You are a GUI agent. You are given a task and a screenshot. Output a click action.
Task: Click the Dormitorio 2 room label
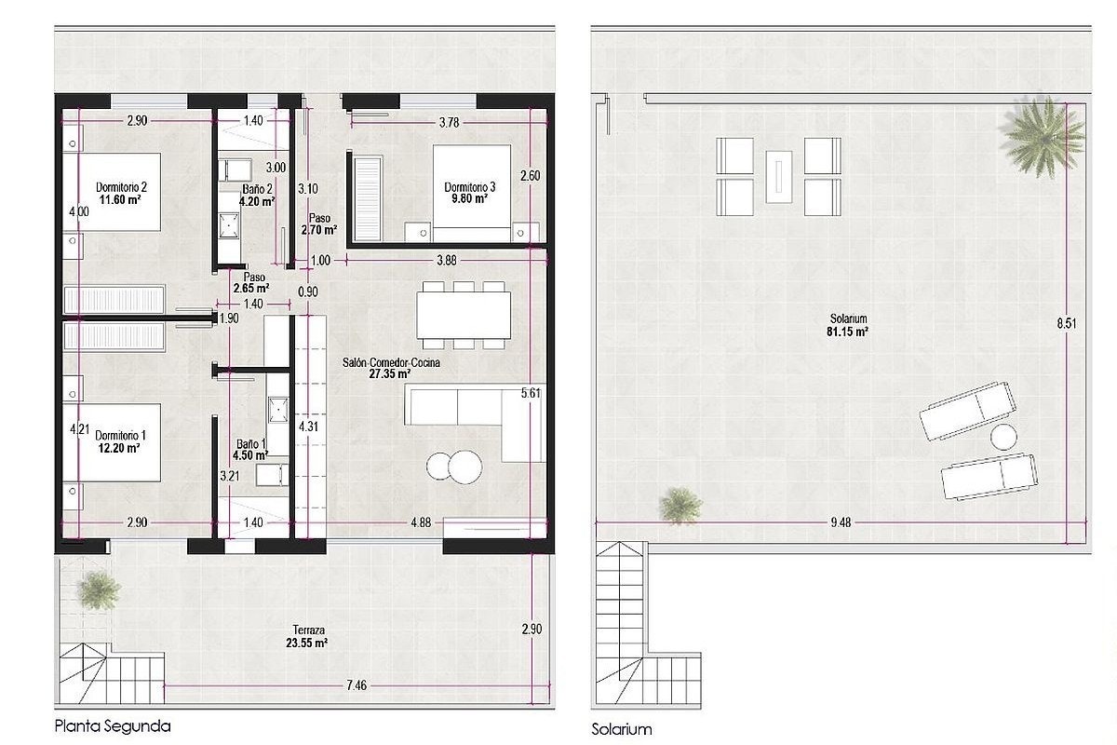(x=121, y=187)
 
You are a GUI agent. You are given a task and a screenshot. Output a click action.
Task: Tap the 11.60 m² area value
(x=120, y=199)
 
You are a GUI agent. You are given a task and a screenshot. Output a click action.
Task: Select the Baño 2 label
(x=257, y=189)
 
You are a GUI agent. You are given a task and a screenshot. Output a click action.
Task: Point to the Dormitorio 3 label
(x=470, y=187)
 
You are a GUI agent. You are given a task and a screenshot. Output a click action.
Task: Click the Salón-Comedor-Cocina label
(x=391, y=363)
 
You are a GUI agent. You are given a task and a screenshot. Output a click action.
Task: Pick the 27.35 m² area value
(x=390, y=373)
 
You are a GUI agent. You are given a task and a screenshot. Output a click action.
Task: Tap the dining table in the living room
(x=464, y=316)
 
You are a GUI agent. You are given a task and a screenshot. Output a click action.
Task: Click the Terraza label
(x=309, y=630)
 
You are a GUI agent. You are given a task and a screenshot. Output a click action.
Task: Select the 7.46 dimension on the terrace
(x=357, y=685)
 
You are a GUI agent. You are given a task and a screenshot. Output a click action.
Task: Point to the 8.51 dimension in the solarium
(x=1067, y=323)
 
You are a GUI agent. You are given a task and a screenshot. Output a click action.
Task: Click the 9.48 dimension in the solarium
(x=841, y=522)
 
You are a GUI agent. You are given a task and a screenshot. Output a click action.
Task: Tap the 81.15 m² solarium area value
(x=848, y=332)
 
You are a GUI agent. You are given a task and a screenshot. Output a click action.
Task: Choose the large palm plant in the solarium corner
(x=1043, y=135)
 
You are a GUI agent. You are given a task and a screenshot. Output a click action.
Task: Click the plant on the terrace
(x=100, y=590)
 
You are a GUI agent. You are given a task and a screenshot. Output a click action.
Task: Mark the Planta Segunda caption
(x=113, y=726)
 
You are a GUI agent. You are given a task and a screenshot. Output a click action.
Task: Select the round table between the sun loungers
(x=1003, y=437)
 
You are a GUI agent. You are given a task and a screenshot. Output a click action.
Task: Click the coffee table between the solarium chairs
(x=779, y=177)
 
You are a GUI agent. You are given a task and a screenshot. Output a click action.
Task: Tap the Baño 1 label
(x=251, y=443)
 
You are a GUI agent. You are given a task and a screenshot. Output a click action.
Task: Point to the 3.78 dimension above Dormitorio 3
(x=449, y=122)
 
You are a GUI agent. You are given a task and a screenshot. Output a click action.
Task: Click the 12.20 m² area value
(x=119, y=448)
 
